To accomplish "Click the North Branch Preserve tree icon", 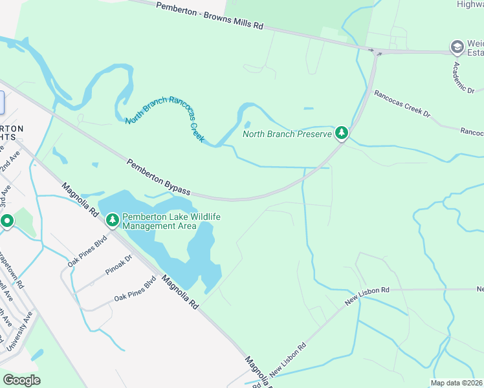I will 341,134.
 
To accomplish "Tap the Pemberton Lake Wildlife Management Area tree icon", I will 113,221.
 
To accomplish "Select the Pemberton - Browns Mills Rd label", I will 211,16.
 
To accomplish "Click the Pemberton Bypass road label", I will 159,177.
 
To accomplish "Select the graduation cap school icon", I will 457,47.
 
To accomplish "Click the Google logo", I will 21,380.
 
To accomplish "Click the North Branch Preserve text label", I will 287,135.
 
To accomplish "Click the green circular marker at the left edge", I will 7,222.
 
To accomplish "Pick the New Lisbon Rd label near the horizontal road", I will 367,297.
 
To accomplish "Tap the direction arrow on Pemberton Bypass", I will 379,54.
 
